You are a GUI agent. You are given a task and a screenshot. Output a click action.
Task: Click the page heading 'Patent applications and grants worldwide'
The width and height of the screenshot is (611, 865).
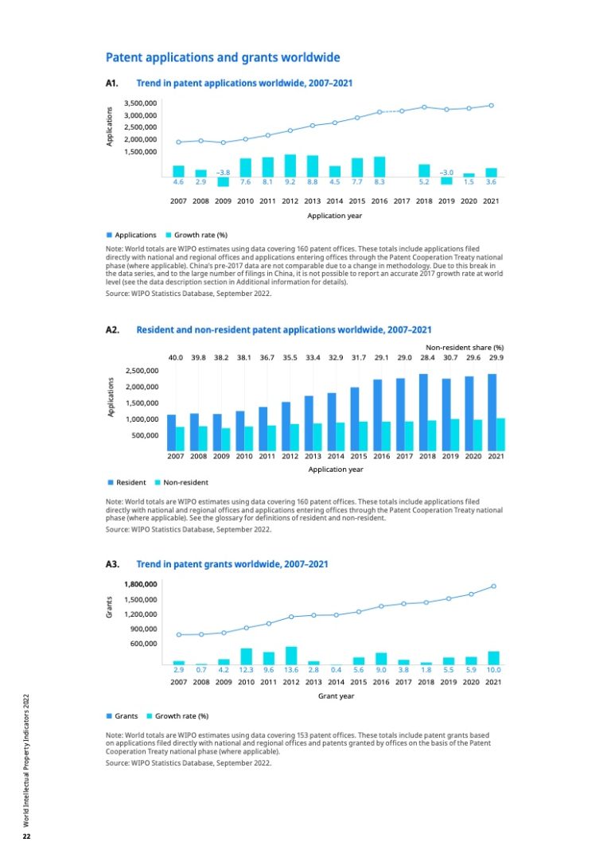pos(223,58)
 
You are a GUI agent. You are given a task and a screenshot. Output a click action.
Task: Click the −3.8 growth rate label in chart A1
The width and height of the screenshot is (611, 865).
pos(224,172)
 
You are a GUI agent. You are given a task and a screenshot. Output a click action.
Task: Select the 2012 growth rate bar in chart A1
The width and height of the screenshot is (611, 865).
pos(290,166)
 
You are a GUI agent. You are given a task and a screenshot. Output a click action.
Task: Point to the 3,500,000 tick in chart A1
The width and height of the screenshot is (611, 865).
pos(140,103)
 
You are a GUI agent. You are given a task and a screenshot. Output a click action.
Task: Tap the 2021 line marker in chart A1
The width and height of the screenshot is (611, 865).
pos(492,105)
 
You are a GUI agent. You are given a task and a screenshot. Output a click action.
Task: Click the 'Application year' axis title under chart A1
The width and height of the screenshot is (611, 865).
pos(335,216)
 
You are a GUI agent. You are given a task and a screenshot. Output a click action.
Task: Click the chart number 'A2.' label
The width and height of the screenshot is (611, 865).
pos(112,329)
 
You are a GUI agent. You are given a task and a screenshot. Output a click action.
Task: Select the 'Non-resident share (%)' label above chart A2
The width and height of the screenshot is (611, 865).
pos(465,347)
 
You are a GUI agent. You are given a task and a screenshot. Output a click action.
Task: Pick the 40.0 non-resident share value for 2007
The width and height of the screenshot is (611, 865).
pos(176,358)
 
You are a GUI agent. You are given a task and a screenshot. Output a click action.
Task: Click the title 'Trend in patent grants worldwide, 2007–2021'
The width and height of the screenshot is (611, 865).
pos(232,564)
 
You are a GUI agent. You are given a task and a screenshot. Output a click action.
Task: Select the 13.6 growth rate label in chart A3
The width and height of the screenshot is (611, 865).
pos(290,670)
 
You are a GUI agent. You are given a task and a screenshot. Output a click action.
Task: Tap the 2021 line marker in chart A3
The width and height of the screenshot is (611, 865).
pos(494,586)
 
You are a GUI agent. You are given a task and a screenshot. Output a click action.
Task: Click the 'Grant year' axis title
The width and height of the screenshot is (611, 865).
pos(336,696)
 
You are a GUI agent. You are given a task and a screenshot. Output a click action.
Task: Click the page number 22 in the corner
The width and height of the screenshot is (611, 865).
pos(26,836)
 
